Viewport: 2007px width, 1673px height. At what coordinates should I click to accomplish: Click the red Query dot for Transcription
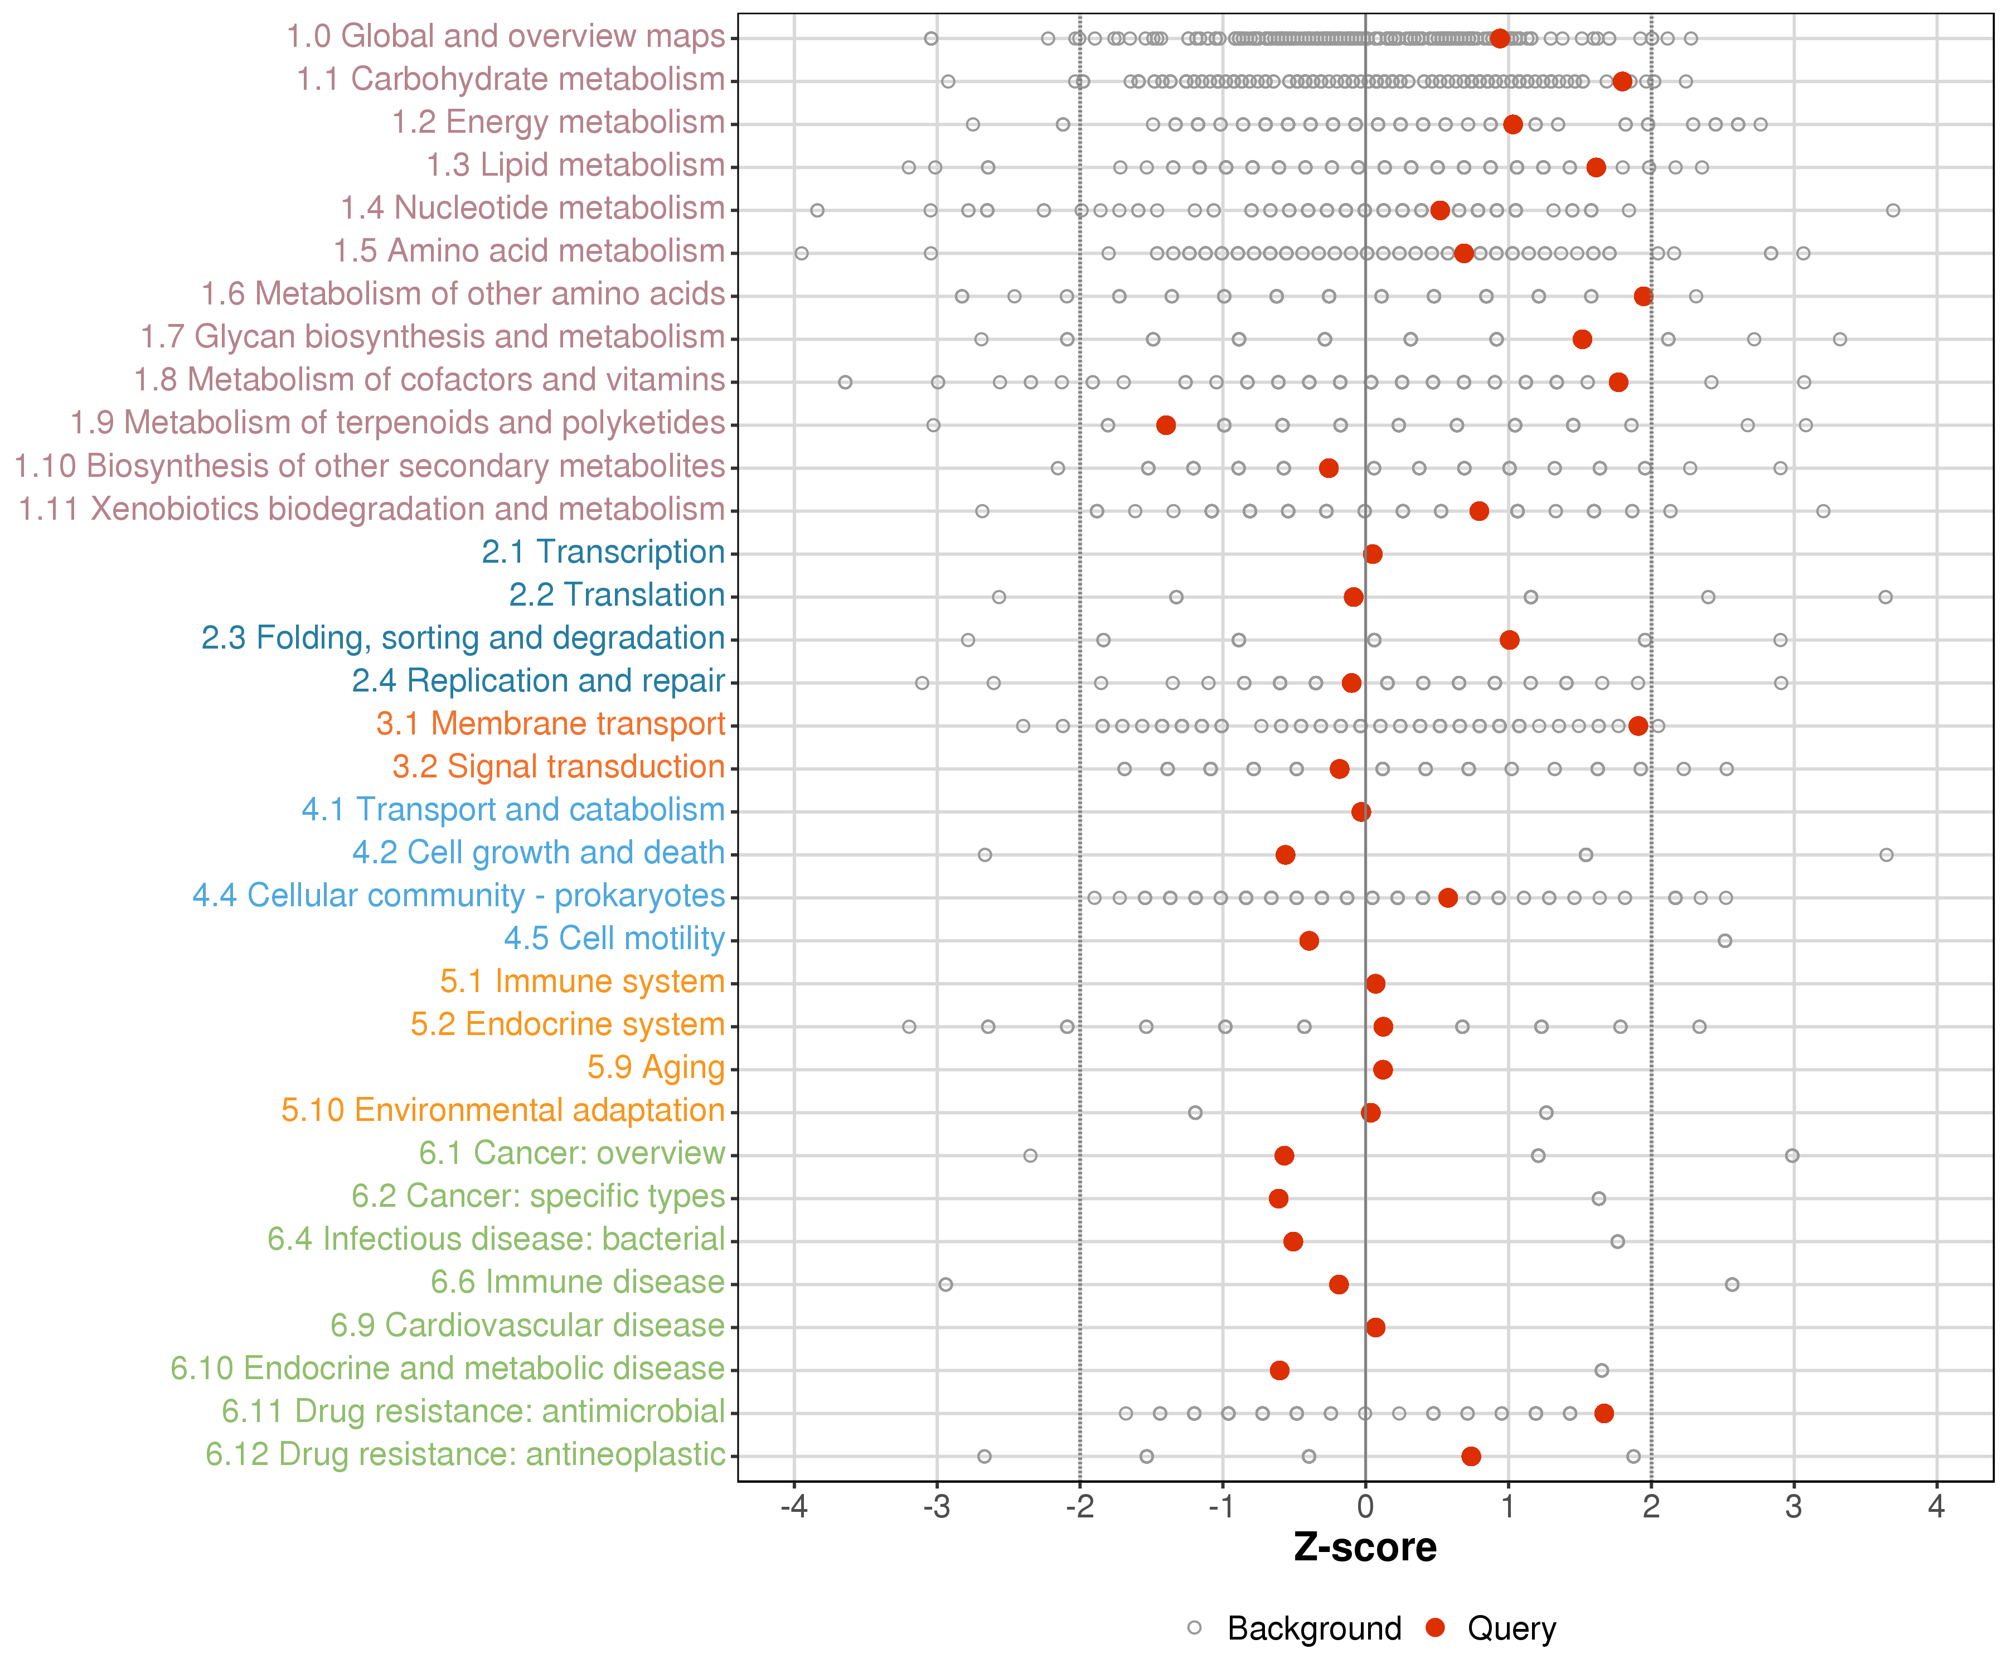coord(1373,554)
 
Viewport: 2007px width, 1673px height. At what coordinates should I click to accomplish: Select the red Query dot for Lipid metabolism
coord(1596,167)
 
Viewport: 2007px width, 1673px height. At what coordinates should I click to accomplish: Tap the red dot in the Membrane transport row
coord(1638,726)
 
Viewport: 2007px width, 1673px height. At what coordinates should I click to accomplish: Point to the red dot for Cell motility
coord(1310,941)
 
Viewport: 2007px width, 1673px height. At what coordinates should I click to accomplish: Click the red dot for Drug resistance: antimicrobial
coord(1604,1413)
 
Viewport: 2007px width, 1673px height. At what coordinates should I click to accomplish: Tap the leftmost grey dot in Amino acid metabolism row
coord(802,253)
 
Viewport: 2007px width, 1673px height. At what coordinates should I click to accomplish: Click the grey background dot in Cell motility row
coord(1725,941)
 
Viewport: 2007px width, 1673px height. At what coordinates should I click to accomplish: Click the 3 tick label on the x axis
coord(1794,1507)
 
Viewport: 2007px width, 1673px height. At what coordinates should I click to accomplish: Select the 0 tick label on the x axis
coord(1366,1507)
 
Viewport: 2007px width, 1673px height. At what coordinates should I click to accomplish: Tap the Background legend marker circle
coord(1195,1628)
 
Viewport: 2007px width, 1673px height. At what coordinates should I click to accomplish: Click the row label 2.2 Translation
coord(617,594)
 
